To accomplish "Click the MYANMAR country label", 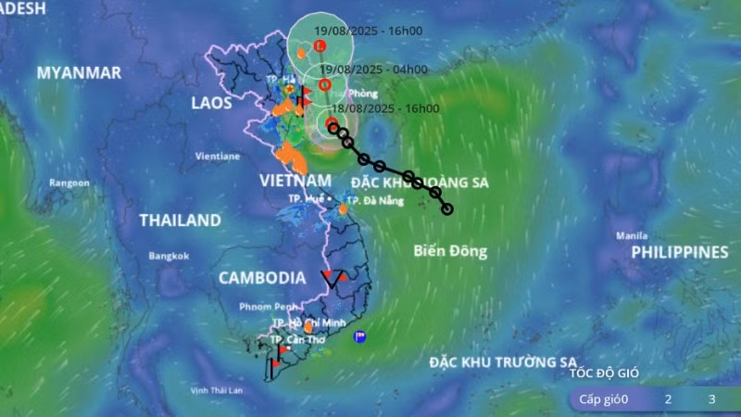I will pyautogui.click(x=79, y=72).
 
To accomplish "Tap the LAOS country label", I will pyautogui.click(x=211, y=103).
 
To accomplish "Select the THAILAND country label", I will pyautogui.click(x=180, y=221).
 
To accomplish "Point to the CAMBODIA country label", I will pyautogui.click(x=262, y=277).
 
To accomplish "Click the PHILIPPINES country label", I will pyautogui.click(x=680, y=252).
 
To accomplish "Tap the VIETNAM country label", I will pyautogui.click(x=295, y=179).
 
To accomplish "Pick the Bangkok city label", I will pyautogui.click(x=169, y=256).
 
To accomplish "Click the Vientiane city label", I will pyautogui.click(x=218, y=157).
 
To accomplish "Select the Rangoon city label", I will pyautogui.click(x=69, y=183).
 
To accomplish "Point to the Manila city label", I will pyautogui.click(x=632, y=235).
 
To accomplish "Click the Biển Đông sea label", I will pyautogui.click(x=450, y=250).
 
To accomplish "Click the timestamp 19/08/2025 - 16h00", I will pyautogui.click(x=368, y=31).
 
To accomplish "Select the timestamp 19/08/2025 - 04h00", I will pyautogui.click(x=373, y=69).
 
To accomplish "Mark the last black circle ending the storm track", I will pyautogui.click(x=447, y=208).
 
